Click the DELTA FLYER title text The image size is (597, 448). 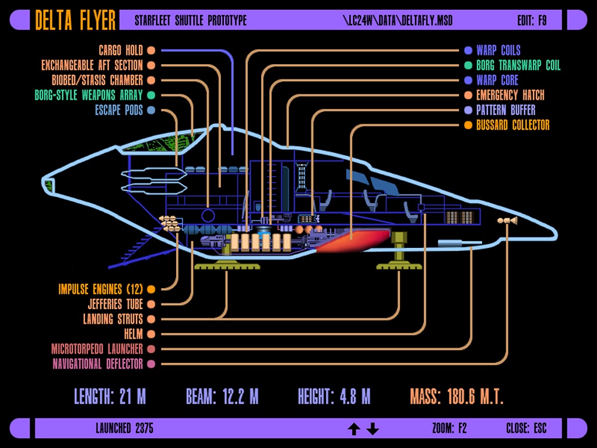tap(76, 20)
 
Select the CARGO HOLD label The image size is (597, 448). tap(121, 51)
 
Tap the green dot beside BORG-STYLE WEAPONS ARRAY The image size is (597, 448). tap(151, 95)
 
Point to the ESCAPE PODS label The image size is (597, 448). tap(119, 110)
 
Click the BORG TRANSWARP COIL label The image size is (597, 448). tap(518, 65)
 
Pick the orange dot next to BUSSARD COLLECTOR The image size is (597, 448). tap(468, 125)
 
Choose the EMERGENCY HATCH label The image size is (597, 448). tap(510, 95)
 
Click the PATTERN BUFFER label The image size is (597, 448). tap(505, 110)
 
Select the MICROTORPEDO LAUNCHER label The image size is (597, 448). tap(97, 349)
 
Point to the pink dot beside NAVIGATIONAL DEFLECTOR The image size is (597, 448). tap(151, 364)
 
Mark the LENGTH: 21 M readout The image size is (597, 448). tap(110, 397)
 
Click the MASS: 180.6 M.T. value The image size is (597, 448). tap(456, 397)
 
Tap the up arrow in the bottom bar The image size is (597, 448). tap(353, 429)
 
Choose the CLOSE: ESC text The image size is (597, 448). tap(526, 429)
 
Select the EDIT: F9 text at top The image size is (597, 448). tap(532, 21)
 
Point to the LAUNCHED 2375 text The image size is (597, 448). tap(124, 429)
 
